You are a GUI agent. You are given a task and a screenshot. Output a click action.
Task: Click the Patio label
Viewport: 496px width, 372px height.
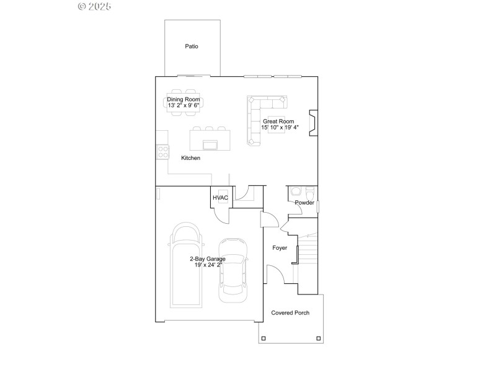pyautogui.click(x=192, y=46)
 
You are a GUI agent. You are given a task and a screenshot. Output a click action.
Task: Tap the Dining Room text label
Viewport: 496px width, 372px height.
pyautogui.click(x=184, y=99)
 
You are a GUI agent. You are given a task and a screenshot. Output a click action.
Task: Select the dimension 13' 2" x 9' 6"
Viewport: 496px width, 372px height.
pyautogui.click(x=184, y=105)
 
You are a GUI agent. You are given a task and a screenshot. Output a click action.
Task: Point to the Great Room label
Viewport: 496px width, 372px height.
pyautogui.click(x=278, y=122)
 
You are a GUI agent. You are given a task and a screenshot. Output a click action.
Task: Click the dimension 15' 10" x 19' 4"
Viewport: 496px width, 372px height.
pyautogui.click(x=280, y=128)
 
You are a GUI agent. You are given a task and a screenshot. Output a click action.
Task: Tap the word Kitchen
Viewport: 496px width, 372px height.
pyautogui.click(x=190, y=158)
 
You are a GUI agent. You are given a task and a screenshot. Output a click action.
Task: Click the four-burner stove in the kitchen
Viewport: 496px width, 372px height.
pyautogui.click(x=163, y=152)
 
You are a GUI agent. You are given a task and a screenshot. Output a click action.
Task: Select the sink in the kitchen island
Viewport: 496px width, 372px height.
pyautogui.click(x=211, y=144)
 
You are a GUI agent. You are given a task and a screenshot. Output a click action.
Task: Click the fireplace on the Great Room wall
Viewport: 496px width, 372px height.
pyautogui.click(x=313, y=123)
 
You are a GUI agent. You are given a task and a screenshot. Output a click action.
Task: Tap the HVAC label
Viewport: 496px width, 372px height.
pyautogui.click(x=221, y=198)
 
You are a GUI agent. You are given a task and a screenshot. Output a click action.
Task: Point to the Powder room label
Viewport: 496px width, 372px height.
pyautogui.click(x=304, y=203)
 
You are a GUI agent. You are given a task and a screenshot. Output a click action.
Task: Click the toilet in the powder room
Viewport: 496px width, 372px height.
pyautogui.click(x=296, y=192)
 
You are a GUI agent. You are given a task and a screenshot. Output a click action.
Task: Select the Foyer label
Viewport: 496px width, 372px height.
pyautogui.click(x=280, y=248)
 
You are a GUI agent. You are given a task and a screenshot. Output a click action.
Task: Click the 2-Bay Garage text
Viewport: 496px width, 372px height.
pyautogui.click(x=207, y=259)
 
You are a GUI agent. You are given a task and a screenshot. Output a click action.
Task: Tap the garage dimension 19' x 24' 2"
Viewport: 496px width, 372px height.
pyautogui.click(x=207, y=265)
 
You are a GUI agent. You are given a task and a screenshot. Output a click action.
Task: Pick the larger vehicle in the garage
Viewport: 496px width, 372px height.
pyautogui.click(x=186, y=265)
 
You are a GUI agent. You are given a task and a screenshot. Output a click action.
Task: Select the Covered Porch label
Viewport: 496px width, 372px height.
pyautogui.click(x=290, y=313)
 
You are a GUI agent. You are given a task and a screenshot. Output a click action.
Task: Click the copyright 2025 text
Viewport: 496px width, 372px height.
pyautogui.click(x=94, y=7)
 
